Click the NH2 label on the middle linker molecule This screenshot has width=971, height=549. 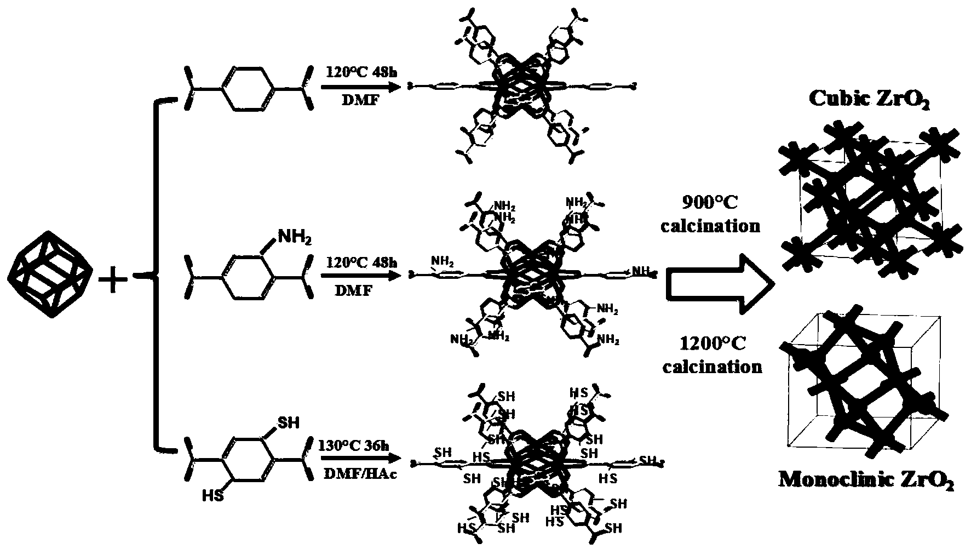[x=296, y=236]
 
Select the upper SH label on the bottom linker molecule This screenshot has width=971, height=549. [x=289, y=422]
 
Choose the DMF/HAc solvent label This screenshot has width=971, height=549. [x=357, y=474]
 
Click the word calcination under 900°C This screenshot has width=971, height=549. [x=710, y=225]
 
